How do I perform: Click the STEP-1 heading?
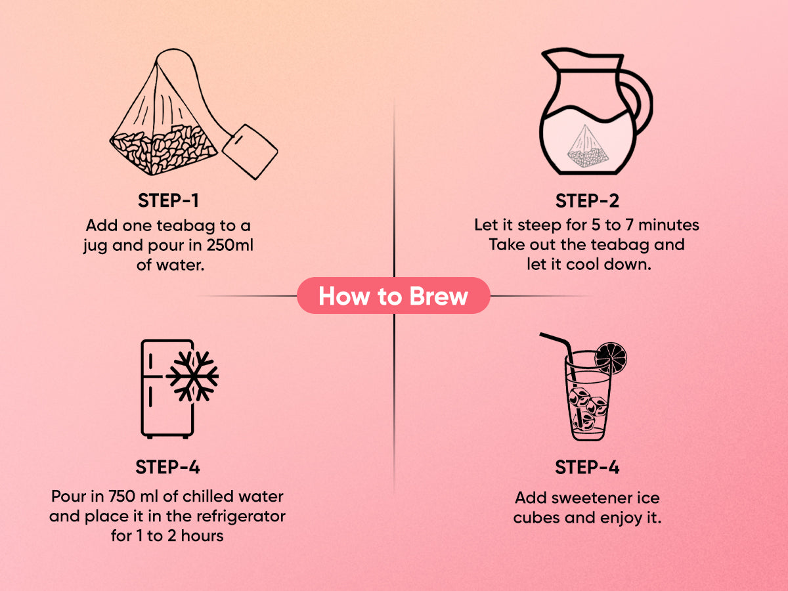(168, 200)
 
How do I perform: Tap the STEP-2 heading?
(587, 200)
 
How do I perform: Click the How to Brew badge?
(393, 295)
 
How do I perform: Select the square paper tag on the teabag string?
(250, 152)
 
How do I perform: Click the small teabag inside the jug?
(588, 146)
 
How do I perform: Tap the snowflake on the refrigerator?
(192, 376)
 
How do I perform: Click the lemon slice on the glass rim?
(611, 358)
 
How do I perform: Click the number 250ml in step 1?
(230, 245)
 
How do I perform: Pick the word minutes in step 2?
(668, 225)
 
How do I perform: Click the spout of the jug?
(550, 57)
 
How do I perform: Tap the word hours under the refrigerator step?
(202, 536)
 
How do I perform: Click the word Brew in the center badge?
(439, 296)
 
